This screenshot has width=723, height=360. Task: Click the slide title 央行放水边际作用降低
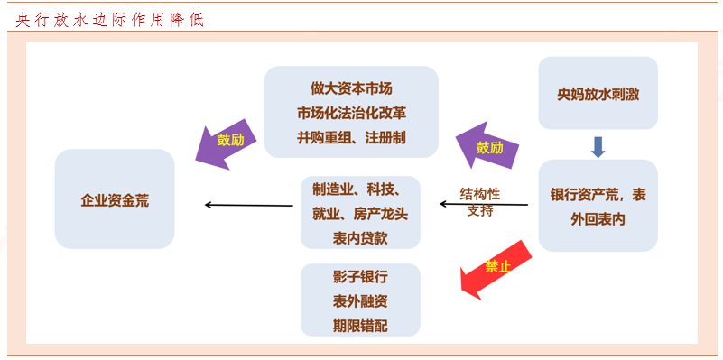[109, 19]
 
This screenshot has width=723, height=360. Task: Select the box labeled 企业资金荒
[115, 199]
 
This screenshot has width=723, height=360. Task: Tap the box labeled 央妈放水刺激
[598, 93]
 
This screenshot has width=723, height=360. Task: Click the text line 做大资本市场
[350, 89]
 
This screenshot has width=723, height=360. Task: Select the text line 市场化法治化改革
[350, 114]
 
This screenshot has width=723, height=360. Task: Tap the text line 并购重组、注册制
[350, 138]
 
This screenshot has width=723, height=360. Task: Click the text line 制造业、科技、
[360, 190]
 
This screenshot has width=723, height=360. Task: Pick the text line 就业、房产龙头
[360, 215]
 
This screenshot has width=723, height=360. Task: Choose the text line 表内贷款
[360, 239]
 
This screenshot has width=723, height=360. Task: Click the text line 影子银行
[360, 276]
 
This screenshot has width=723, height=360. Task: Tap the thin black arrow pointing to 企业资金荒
[248, 206]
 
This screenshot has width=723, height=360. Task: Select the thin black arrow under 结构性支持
[483, 206]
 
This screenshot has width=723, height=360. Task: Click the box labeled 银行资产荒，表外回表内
[598, 206]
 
